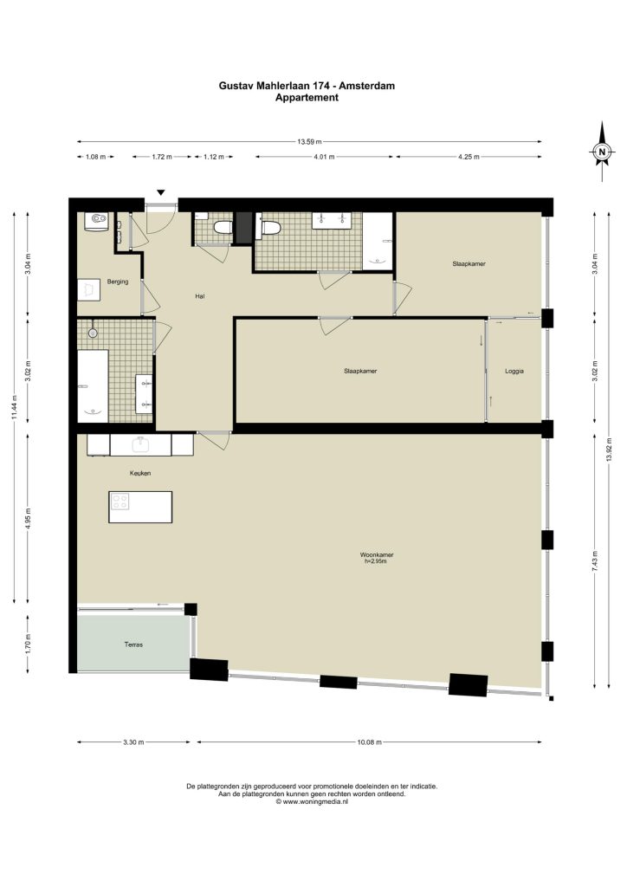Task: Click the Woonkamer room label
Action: click(x=376, y=555)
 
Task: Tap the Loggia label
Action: click(x=514, y=371)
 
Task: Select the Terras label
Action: click(x=133, y=644)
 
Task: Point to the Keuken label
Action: click(x=140, y=473)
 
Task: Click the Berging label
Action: click(x=118, y=282)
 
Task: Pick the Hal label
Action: click(x=199, y=296)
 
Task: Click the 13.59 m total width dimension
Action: click(x=309, y=141)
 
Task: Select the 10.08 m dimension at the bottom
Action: click(x=370, y=742)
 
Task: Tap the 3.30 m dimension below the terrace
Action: click(x=133, y=742)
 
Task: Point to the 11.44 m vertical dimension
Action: click(x=15, y=407)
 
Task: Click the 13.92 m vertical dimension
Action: click(x=609, y=450)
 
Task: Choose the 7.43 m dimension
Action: click(x=594, y=561)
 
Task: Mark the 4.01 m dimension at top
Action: click(x=323, y=157)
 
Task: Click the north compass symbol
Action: click(x=602, y=151)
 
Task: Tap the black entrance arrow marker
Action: click(x=161, y=193)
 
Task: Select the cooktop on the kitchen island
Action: click(x=120, y=502)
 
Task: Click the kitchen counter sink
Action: click(x=139, y=445)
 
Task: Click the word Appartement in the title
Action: click(x=307, y=97)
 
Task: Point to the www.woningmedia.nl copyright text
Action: click(x=312, y=801)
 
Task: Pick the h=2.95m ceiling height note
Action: click(x=375, y=561)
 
